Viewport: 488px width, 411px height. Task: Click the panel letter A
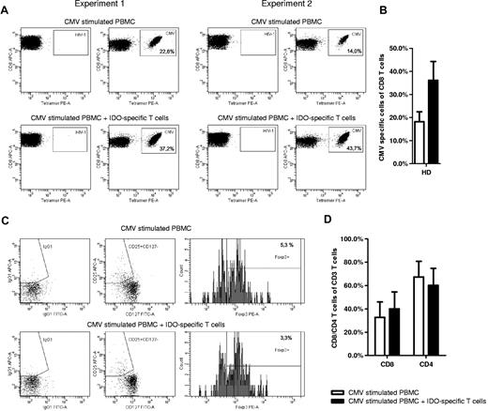(x=6, y=7)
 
